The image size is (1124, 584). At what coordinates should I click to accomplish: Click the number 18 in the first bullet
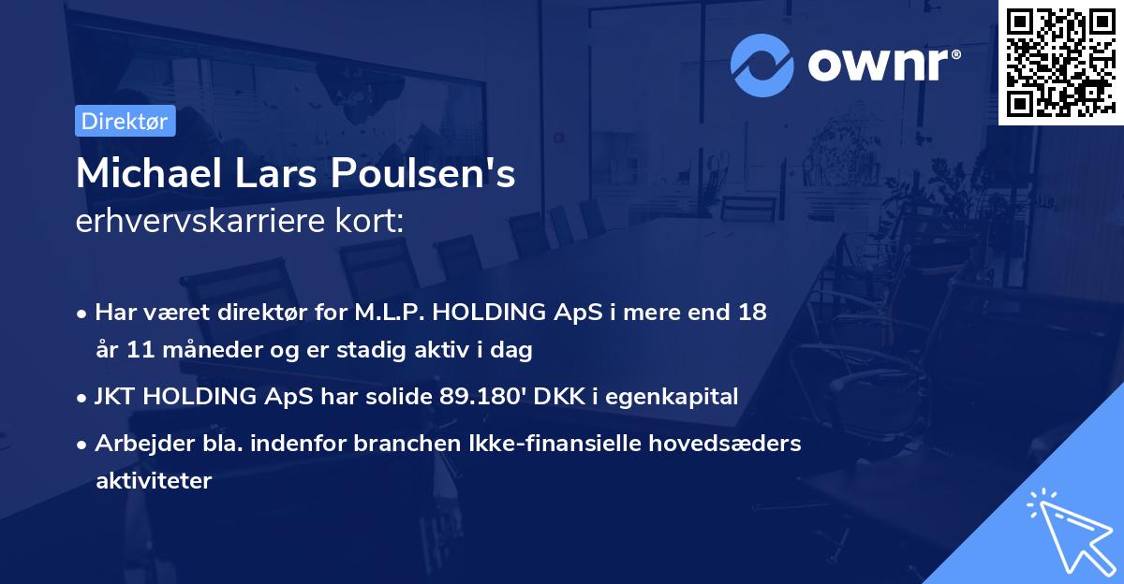coord(752,312)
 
